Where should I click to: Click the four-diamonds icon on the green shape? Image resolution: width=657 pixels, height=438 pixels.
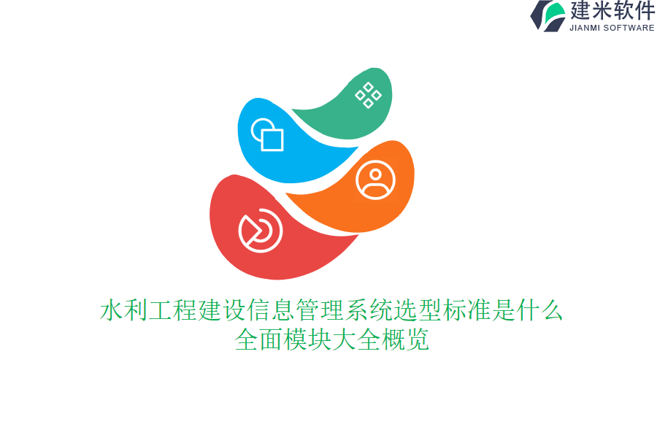point(368,95)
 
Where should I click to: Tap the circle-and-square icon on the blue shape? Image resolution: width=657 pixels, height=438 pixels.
point(267,134)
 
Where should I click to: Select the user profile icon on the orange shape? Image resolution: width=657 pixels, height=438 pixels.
point(375,180)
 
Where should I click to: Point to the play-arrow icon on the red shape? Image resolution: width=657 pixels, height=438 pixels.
point(260,231)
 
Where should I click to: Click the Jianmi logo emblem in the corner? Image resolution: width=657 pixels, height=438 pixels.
point(547,15)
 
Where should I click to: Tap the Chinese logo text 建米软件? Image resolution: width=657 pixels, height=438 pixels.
point(612,11)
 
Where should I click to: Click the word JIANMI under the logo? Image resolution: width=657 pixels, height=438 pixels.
point(585,28)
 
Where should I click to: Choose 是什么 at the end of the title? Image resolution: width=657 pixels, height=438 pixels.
point(528,311)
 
